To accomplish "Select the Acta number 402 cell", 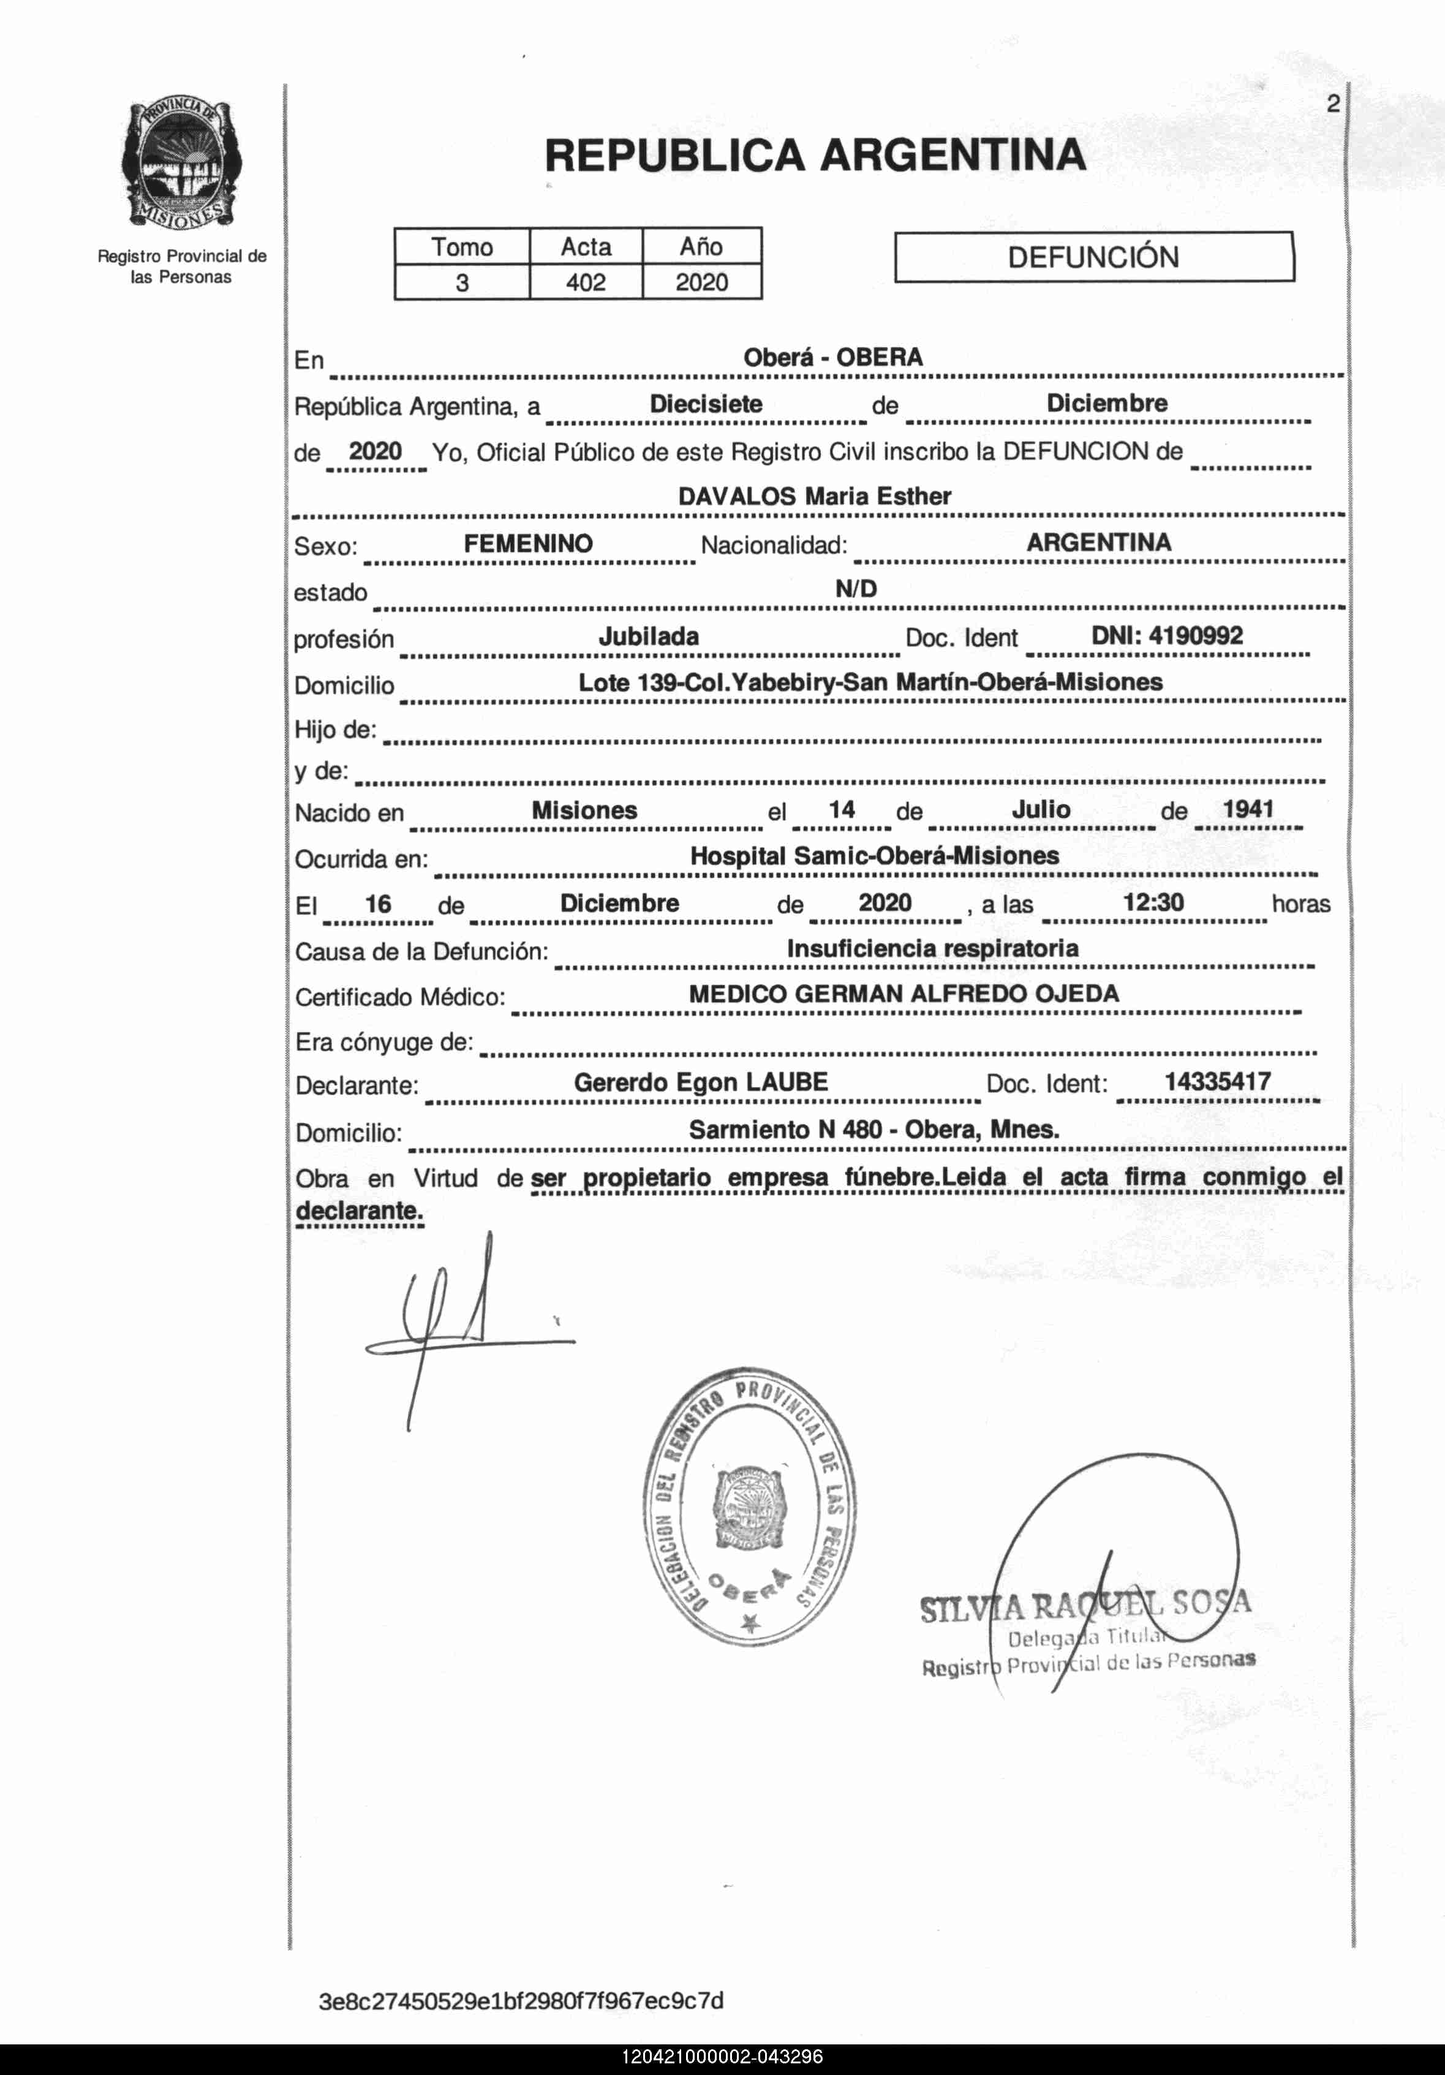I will [586, 283].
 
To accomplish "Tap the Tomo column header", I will [462, 247].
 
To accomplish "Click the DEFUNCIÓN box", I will [1093, 257].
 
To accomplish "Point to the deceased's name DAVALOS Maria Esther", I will [814, 496].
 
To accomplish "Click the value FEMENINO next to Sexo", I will [528, 543].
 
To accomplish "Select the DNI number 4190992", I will [1167, 635].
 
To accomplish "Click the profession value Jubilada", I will [648, 637].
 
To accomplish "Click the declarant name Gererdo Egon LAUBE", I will [700, 1082].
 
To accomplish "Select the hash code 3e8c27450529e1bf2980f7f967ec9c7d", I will [521, 2001].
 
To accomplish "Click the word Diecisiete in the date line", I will [706, 404].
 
